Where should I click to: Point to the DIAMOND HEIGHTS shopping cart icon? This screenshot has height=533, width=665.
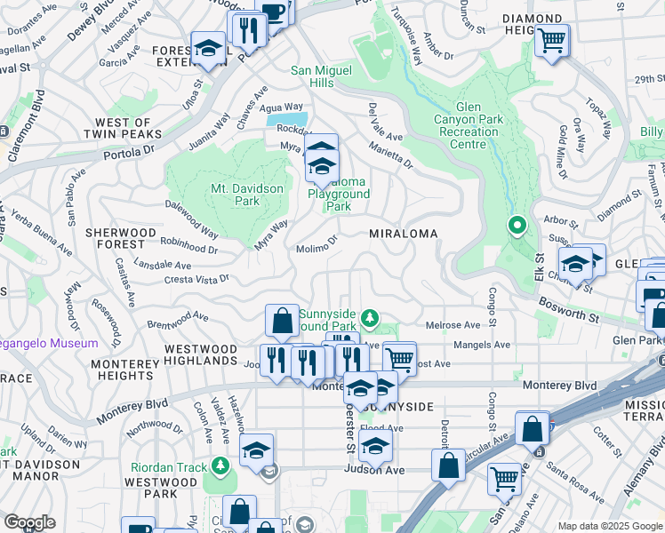[x=552, y=40]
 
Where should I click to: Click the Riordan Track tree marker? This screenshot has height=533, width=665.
[x=220, y=465]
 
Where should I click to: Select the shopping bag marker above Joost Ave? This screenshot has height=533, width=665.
[x=282, y=321]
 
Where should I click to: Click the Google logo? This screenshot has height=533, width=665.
[x=29, y=522]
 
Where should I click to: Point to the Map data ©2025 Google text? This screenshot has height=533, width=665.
[x=609, y=526]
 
